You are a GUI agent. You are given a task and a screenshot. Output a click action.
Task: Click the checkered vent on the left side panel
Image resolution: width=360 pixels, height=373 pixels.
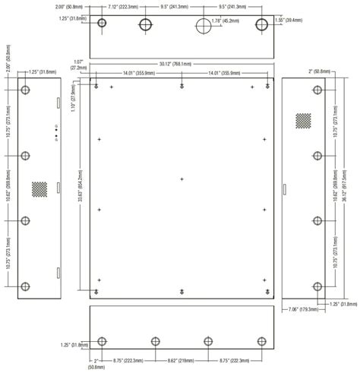click(39, 188)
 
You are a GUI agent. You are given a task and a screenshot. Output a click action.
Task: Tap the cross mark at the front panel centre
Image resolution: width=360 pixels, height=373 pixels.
click(182, 179)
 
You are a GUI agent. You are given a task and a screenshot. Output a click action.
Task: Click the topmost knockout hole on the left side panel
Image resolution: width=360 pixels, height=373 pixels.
click(26, 90)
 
